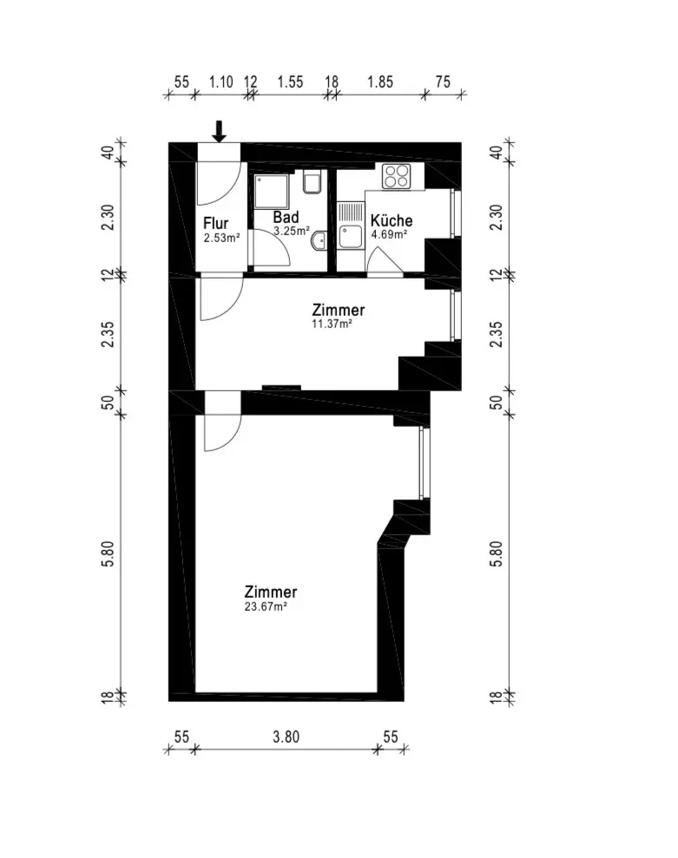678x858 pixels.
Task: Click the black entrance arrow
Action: (x=219, y=131)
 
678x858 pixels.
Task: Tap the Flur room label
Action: (x=216, y=223)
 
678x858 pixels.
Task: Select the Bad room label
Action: (x=286, y=217)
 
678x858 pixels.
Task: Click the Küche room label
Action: (x=392, y=220)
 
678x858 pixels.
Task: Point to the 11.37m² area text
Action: (x=332, y=324)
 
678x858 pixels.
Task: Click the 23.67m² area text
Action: (x=267, y=606)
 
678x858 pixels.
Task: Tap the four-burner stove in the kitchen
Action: (x=397, y=176)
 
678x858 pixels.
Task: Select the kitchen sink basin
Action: (x=351, y=237)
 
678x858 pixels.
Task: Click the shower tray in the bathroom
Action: (x=272, y=192)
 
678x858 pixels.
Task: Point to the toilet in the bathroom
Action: (x=312, y=183)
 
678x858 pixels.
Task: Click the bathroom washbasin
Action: (x=319, y=240)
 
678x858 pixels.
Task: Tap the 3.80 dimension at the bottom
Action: (x=286, y=737)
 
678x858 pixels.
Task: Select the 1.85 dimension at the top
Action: (x=380, y=82)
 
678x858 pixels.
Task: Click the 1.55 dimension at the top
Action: (x=290, y=82)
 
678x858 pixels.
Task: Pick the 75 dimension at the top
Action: (x=443, y=82)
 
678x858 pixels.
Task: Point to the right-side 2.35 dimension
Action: (x=497, y=334)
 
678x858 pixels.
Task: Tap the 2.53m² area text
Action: (x=221, y=238)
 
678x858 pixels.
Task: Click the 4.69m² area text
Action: (x=389, y=235)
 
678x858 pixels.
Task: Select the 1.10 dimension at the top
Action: (x=221, y=82)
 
